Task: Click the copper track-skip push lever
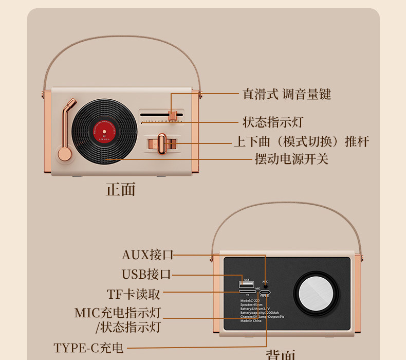pos(162,143)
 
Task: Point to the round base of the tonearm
pos(65,154)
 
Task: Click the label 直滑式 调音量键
pos(286,94)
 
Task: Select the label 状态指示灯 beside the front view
pos(272,122)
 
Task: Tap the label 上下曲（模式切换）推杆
pos(301,141)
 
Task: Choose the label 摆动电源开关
pos(291,159)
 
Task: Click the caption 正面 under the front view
pos(121,189)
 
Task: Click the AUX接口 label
pos(147,255)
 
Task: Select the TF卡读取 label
pos(134,294)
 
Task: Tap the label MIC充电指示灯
pos(118,313)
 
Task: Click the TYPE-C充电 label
pos(89,348)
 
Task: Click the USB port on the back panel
pos(247,284)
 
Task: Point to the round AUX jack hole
pos(265,286)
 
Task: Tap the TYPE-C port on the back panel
pos(265,292)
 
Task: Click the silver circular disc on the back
pos(315,293)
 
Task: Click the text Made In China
pos(251,320)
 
